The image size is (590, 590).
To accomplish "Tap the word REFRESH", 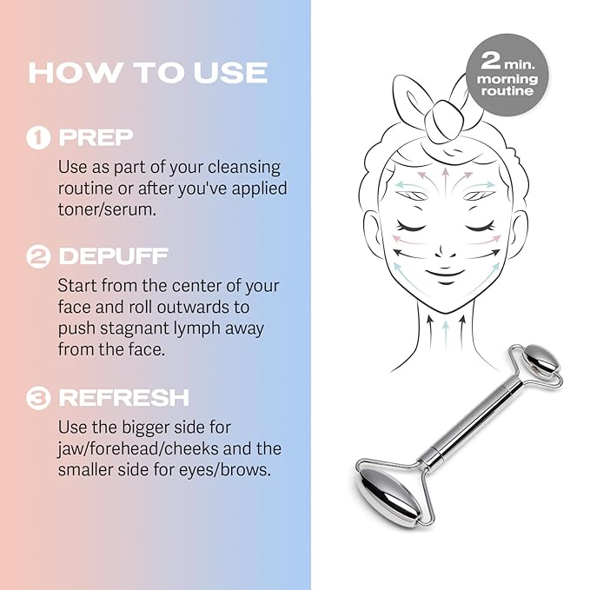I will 123,398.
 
